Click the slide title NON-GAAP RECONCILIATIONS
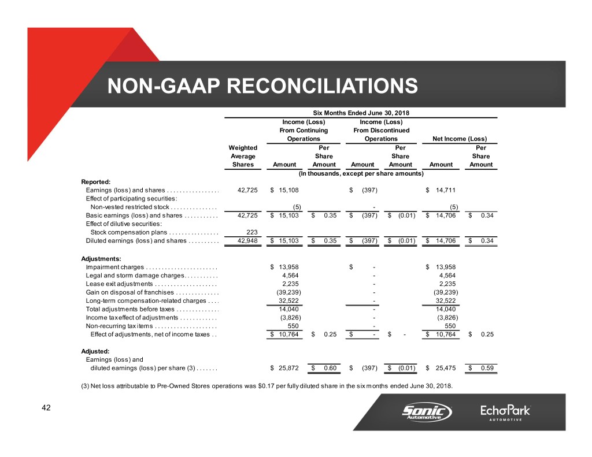click(x=262, y=87)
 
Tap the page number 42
click(x=46, y=408)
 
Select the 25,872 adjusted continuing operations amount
click(x=288, y=369)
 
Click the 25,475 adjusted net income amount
click(x=444, y=369)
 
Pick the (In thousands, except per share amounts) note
click(x=361, y=173)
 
